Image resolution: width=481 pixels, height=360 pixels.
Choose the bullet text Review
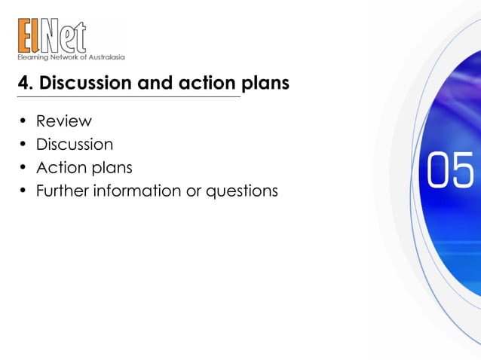point(63,121)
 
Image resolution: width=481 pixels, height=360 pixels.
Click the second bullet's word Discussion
point(75,144)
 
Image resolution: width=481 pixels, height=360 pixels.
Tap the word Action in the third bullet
point(60,167)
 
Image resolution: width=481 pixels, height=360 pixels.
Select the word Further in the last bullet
point(62,191)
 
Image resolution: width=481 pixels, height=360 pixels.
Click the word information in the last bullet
point(136,191)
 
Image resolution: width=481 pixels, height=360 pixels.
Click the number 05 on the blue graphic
point(450,170)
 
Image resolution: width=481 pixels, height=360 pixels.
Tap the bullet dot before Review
point(23,121)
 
